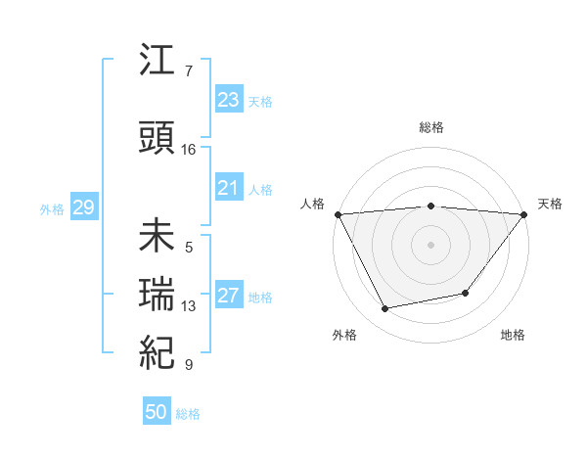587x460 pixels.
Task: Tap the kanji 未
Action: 158,238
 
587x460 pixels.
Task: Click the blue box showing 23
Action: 228,100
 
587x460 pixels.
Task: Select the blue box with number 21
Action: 228,188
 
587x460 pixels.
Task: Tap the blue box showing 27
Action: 228,296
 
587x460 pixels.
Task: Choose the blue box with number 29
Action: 83,207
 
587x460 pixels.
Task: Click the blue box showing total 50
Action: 156,413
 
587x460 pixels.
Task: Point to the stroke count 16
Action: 189,150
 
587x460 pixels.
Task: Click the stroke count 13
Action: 189,306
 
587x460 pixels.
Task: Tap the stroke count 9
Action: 189,365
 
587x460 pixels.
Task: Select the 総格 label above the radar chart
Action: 430,127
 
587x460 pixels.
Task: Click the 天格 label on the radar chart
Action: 550,204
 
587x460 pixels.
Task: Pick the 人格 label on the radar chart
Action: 312,204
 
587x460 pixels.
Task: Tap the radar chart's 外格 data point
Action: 385,309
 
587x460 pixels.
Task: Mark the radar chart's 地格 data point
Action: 466,293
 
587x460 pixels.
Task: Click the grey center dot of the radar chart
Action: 430,245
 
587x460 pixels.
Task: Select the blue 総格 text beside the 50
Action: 188,414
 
